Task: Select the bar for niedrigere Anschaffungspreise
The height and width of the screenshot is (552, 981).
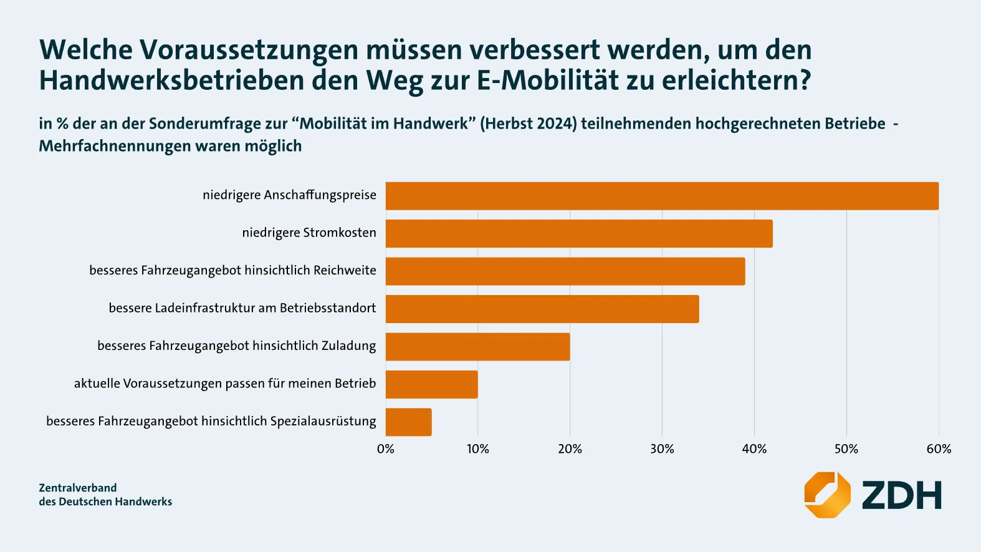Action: click(662, 196)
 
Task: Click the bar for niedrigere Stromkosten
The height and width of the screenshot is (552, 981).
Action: click(579, 234)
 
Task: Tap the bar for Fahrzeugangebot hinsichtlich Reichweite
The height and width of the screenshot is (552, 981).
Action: click(565, 271)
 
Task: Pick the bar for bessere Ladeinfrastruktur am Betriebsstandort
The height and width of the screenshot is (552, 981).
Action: click(542, 309)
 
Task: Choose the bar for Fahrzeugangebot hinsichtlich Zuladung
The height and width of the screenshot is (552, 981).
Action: click(477, 347)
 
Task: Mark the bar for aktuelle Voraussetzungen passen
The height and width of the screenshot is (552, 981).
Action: click(431, 385)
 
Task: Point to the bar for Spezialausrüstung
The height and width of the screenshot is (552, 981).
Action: click(408, 422)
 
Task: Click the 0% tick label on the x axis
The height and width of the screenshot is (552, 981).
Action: click(386, 449)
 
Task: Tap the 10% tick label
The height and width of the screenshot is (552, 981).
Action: click(478, 449)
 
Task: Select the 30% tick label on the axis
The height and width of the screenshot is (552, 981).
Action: click(662, 449)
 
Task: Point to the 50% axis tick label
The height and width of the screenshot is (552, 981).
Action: click(846, 449)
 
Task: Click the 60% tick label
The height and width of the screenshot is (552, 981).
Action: click(939, 449)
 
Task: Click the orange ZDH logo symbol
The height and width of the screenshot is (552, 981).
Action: click(827, 495)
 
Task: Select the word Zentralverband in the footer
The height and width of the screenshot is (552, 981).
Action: click(78, 488)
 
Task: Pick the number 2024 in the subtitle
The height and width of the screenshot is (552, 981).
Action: click(557, 123)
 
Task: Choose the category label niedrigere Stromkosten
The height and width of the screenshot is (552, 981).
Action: click(309, 233)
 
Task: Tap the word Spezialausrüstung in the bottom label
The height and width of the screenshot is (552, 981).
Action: click(323, 421)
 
